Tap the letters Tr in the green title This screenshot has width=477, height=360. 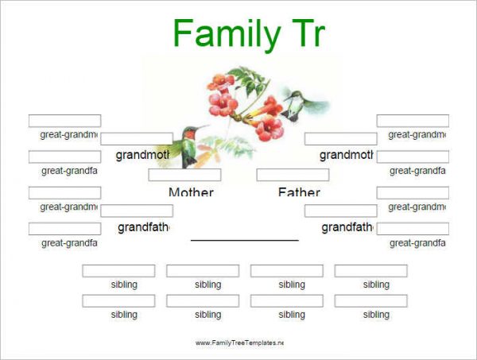[304, 34]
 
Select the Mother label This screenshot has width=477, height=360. [191, 192]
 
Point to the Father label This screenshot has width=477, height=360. [299, 192]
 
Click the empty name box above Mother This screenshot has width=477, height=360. [184, 175]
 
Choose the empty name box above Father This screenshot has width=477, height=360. [292, 175]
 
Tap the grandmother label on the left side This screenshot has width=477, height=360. [144, 155]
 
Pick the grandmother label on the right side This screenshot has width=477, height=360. [346, 155]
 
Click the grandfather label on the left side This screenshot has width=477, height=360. [144, 227]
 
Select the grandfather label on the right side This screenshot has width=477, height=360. [347, 227]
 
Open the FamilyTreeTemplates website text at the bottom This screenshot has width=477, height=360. [238, 343]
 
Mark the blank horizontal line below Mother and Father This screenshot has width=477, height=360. [244, 239]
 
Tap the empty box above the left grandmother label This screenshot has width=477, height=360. [136, 139]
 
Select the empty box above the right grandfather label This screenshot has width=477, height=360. [340, 211]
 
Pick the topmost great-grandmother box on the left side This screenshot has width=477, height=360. [64, 121]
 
